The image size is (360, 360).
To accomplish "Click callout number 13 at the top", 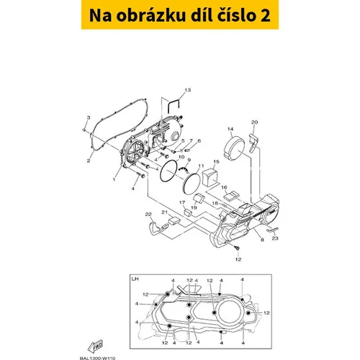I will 188,89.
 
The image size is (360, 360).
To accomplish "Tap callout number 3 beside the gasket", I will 88,117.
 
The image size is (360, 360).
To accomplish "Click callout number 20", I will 254,123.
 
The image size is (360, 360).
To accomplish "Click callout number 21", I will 165,212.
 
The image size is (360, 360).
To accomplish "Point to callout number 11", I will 201,166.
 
